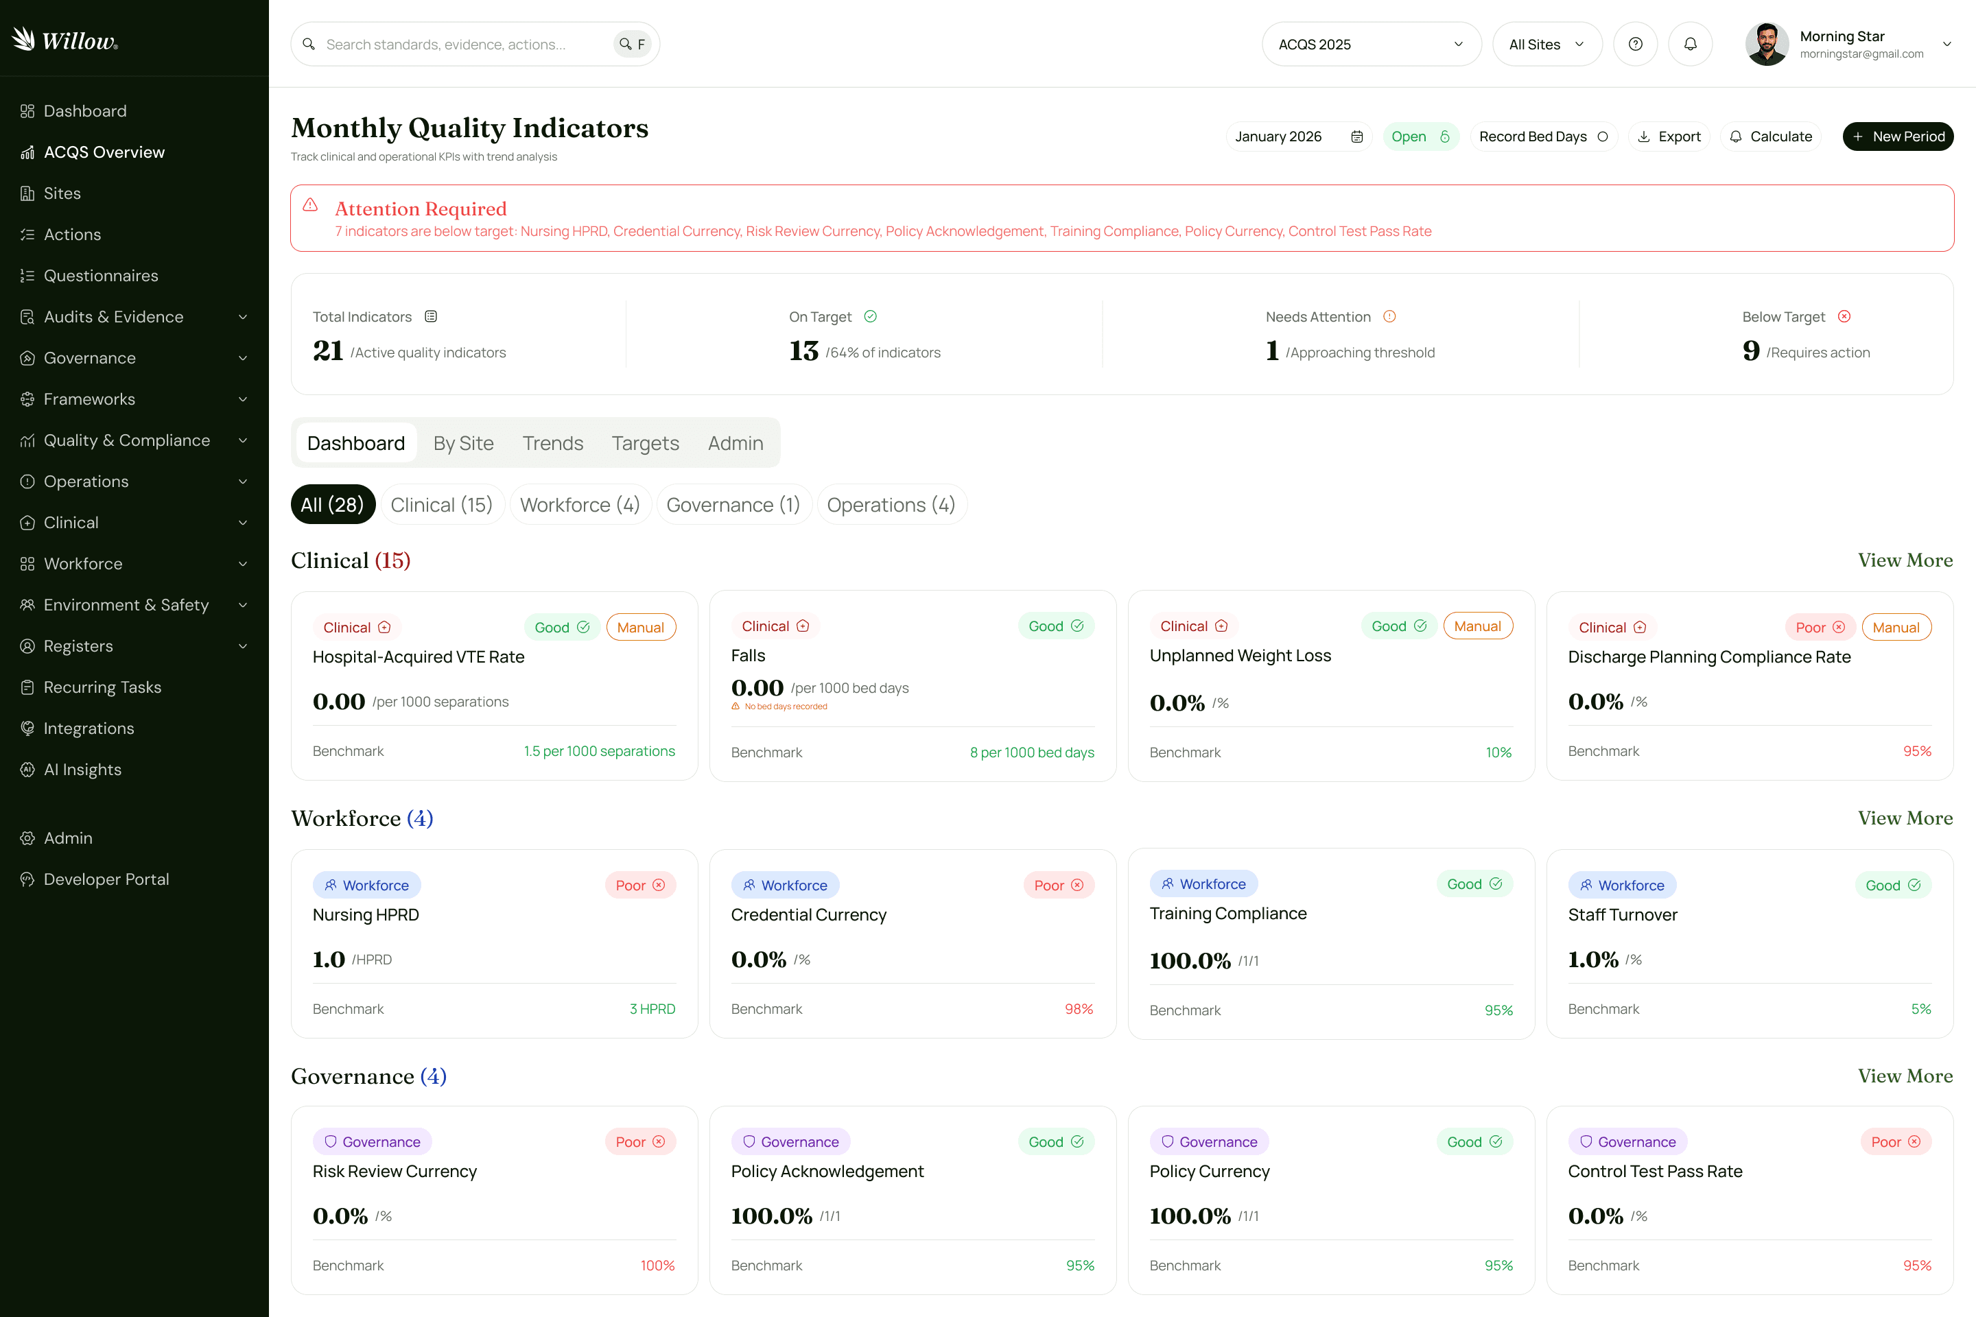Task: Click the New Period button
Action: coord(1897,136)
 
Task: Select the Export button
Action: coord(1669,136)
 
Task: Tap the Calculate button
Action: coord(1770,136)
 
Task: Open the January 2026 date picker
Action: coord(1298,136)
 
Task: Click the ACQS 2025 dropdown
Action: coord(1370,45)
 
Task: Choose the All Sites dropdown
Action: coord(1546,45)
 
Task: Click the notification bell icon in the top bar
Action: coord(1689,45)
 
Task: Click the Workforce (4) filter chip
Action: coord(580,505)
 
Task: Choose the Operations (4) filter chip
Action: coord(891,505)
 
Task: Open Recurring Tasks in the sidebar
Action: coord(102,687)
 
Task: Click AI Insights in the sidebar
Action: coord(82,770)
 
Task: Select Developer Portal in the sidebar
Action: coord(106,879)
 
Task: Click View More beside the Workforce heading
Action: coord(1905,818)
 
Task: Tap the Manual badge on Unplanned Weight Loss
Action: coord(1477,626)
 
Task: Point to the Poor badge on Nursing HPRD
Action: coord(639,886)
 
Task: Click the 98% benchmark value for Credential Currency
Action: coord(1078,1009)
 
